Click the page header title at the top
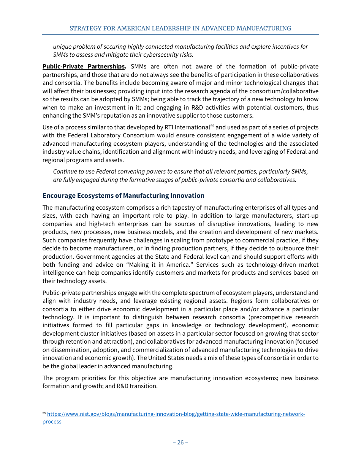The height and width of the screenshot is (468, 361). click(180, 29)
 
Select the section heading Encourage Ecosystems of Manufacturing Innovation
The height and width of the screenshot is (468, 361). click(123, 196)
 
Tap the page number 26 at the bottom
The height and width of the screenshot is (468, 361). click(180, 442)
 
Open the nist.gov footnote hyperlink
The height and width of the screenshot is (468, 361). click(176, 414)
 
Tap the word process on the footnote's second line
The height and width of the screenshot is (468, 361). click(52, 422)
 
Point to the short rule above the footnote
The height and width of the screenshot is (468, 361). click(84, 407)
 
